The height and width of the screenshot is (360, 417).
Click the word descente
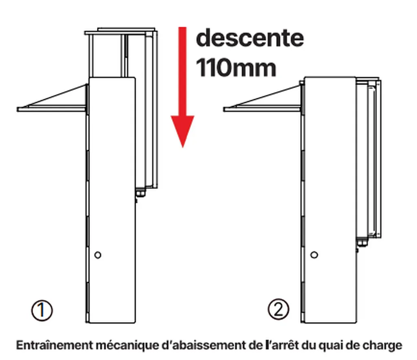(x=250, y=38)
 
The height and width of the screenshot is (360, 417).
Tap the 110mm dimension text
(x=236, y=68)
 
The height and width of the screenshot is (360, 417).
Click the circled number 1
(x=42, y=310)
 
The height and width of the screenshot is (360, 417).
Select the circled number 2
(x=278, y=309)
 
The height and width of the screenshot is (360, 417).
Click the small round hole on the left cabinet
(x=98, y=255)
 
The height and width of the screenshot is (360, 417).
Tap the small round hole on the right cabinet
(x=314, y=255)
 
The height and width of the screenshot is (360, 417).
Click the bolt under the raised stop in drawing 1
(x=140, y=193)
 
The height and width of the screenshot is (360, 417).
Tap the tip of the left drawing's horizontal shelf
(x=18, y=109)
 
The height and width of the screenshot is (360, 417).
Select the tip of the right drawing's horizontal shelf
(x=224, y=109)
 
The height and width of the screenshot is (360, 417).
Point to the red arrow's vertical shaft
(x=182, y=71)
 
